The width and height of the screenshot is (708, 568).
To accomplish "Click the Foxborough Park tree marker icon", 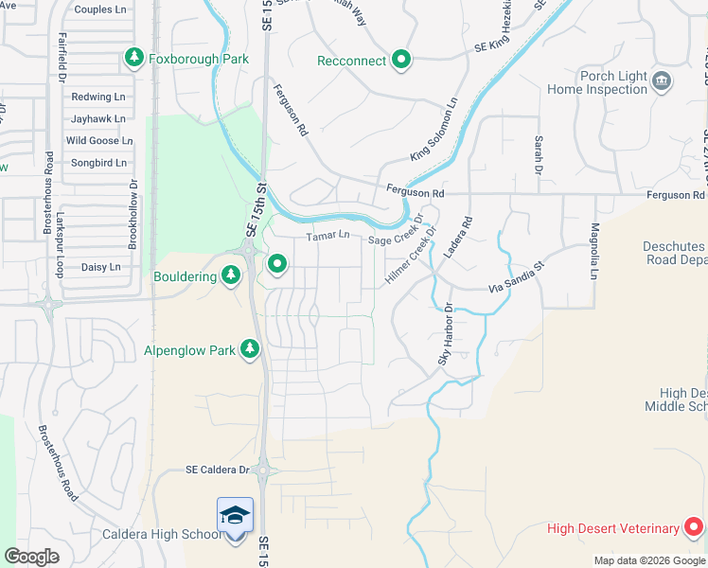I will (x=134, y=59).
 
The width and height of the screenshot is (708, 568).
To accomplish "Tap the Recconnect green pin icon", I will (x=401, y=61).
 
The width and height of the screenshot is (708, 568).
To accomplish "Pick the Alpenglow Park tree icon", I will (x=250, y=349).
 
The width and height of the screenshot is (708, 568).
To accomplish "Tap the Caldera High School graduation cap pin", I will (x=235, y=517).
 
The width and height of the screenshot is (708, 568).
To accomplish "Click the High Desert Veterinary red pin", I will (x=694, y=527).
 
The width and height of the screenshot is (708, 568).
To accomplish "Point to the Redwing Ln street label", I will (x=98, y=97).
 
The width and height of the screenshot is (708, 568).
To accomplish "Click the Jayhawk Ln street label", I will (x=98, y=119).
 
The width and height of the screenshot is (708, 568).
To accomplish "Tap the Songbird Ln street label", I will (x=98, y=163).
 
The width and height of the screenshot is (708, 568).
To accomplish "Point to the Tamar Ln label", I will (x=327, y=236).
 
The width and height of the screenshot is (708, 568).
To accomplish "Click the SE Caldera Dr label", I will (x=217, y=470).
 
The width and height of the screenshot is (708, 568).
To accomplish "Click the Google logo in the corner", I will (x=32, y=557).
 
